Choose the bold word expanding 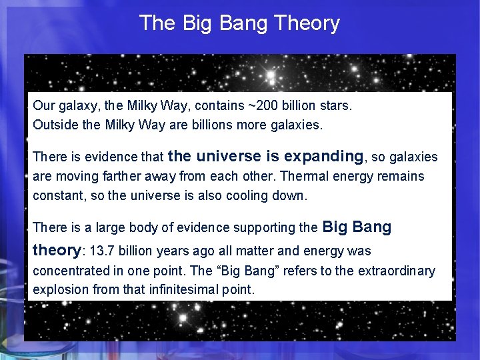click(324, 157)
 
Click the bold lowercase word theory click(57, 251)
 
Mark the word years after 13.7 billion click(185, 252)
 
